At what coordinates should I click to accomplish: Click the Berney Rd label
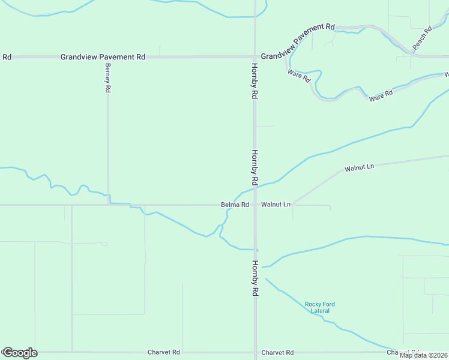click(108, 77)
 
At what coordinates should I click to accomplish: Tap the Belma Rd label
click(235, 205)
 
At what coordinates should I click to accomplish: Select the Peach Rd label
click(422, 38)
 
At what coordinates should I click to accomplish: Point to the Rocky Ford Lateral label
click(320, 308)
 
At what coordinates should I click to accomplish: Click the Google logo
click(19, 353)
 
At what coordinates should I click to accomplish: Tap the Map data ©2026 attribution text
click(423, 355)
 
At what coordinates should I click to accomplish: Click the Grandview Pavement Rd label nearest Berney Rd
click(103, 57)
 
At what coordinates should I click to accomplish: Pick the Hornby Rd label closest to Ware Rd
click(255, 81)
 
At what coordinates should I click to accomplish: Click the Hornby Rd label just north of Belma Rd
click(255, 167)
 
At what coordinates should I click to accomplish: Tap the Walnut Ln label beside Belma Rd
click(276, 205)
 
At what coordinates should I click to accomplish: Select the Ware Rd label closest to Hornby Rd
click(298, 76)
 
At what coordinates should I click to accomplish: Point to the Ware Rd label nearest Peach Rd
click(381, 95)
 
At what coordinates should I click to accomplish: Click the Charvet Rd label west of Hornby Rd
click(164, 352)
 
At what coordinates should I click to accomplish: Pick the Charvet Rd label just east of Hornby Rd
click(277, 352)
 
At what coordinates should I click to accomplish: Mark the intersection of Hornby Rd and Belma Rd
click(255, 205)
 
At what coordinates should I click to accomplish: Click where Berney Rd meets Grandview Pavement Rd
click(108, 57)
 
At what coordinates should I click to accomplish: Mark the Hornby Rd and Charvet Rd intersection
click(255, 352)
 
